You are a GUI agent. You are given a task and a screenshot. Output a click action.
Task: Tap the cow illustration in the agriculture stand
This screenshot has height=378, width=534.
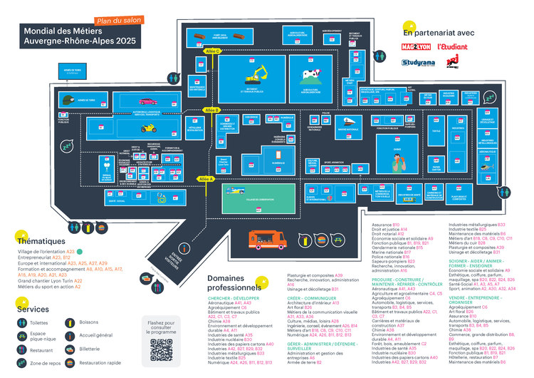tap(309, 74)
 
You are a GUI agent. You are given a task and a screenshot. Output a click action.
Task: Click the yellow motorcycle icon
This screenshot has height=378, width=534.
tap(148, 128)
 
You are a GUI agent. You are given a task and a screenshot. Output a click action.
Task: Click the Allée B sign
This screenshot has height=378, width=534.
tap(211, 110)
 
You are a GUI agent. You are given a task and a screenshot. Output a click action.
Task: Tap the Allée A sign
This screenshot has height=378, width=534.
tap(206, 178)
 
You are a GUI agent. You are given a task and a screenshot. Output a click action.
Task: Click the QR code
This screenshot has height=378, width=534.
tap(162, 350)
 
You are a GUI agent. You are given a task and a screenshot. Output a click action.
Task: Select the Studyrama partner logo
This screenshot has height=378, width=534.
tap(417, 63)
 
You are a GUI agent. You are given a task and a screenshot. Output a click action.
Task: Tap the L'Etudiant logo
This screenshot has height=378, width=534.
tap(452, 47)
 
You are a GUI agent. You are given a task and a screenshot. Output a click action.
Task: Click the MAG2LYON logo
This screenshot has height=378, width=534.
tap(417, 47)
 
